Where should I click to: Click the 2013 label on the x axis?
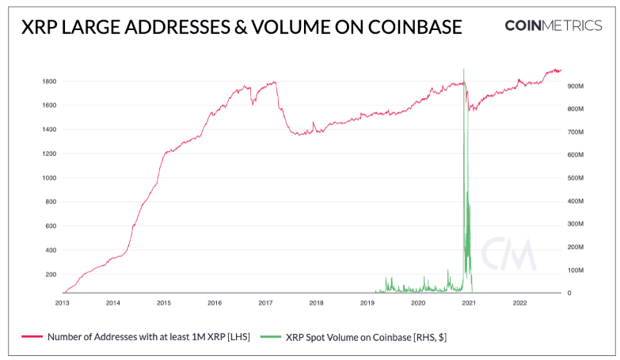click(x=63, y=302)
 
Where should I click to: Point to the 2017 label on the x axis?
click(x=265, y=302)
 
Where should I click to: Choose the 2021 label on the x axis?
click(x=469, y=302)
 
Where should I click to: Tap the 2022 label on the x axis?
click(x=519, y=302)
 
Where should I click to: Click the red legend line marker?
click(x=32, y=337)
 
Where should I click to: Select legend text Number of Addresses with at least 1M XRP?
click(x=149, y=337)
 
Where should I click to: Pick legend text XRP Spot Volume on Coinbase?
click(x=366, y=337)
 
